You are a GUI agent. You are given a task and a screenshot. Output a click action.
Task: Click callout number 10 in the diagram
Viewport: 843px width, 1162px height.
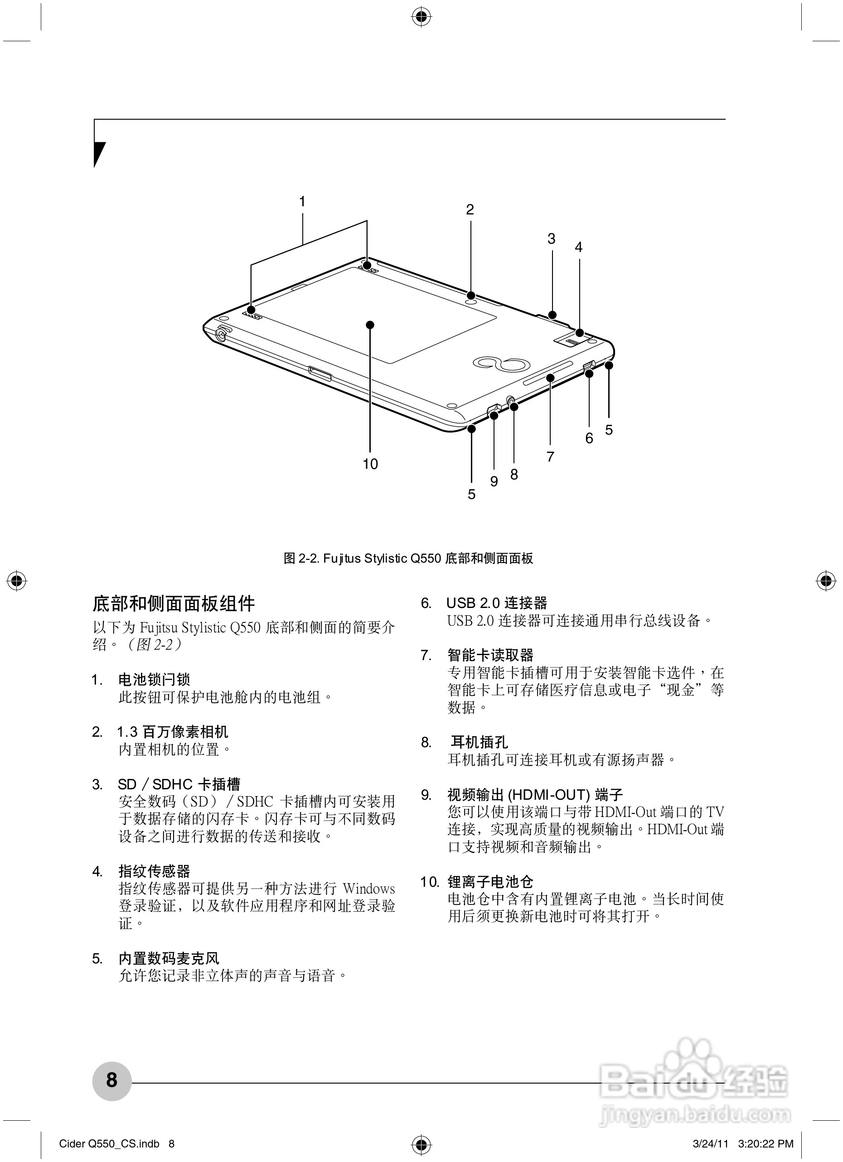370,464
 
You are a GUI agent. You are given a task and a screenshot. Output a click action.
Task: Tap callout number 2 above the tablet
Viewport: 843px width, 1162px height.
470,209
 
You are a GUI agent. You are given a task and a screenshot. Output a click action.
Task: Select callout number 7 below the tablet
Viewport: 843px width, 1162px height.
550,457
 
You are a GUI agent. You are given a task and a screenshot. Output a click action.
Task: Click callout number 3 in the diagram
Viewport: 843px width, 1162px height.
551,239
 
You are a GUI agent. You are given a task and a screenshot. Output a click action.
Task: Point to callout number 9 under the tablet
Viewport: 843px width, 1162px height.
494,481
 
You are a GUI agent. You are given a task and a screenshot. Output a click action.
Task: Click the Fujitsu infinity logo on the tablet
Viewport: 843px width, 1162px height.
499,364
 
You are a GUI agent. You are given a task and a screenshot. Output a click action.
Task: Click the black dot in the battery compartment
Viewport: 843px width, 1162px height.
370,325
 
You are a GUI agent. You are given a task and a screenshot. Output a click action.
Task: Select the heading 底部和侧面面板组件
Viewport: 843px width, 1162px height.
174,603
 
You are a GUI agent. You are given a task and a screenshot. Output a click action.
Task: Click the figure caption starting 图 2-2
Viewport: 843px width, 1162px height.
408,559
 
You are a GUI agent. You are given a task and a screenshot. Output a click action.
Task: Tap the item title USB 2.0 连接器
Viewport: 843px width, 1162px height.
496,603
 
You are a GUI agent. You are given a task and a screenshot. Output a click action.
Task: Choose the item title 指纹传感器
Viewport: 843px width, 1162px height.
154,871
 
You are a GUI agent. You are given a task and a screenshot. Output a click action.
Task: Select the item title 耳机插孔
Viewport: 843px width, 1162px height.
479,742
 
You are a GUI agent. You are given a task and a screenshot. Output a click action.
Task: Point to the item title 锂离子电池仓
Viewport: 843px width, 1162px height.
490,882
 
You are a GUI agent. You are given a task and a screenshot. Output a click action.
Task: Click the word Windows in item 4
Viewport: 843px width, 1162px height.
369,889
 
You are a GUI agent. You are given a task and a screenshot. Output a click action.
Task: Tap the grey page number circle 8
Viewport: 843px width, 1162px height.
111,1080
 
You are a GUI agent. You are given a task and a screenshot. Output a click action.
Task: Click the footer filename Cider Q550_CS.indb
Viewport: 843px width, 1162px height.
109,1143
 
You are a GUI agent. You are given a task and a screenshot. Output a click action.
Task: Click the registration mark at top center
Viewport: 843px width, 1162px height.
421,17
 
